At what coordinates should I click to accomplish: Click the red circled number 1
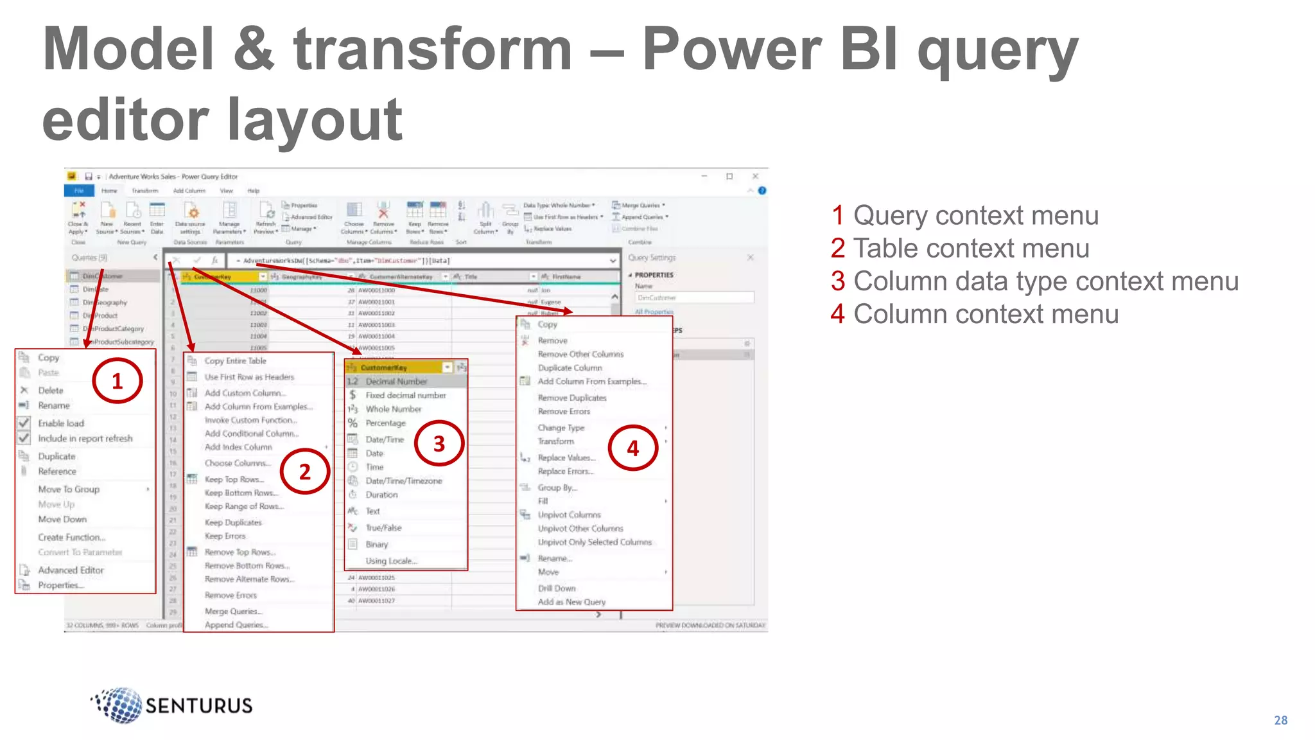(117, 382)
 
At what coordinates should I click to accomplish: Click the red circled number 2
(305, 471)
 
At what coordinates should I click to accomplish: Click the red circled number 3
(439, 443)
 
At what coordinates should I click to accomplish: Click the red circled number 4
(632, 448)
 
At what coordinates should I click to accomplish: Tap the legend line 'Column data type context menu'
(1034, 281)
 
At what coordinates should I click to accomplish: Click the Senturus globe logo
(119, 705)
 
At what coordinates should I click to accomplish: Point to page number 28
(1280, 720)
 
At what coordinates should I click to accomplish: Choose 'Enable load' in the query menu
(61, 423)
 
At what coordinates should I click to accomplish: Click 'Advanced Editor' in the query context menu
(71, 570)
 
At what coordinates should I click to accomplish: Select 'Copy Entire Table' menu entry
(235, 361)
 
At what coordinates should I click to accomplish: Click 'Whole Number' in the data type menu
(393, 409)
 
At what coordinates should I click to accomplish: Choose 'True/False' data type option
(383, 528)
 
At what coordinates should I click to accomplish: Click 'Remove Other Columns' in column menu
(580, 355)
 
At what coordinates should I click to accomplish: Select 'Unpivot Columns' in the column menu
(569, 515)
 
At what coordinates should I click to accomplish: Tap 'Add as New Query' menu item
(571, 602)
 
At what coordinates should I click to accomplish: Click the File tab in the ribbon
(79, 191)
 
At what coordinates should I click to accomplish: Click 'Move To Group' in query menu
(69, 489)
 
